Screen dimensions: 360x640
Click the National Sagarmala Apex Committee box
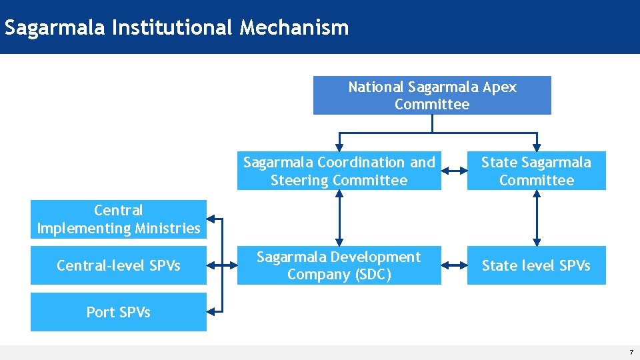pos(432,95)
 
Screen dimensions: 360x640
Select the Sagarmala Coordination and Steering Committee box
pos(339,171)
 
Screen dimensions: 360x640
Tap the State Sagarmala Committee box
pos(536,171)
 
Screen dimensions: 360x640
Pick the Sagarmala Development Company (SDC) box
pos(339,265)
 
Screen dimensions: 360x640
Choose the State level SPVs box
pos(536,265)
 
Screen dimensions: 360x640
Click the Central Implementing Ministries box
pos(119,219)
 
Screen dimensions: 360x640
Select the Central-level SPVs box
pos(119,265)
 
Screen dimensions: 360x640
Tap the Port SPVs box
pos(119,312)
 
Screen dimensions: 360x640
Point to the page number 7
pos(631,351)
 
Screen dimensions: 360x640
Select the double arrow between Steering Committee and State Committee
pos(454,171)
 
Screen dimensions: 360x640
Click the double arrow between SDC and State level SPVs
pos(454,265)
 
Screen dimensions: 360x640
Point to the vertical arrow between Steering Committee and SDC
pos(339,218)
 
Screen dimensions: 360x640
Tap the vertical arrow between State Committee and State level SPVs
pos(537,218)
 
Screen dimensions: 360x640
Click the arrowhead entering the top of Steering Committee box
pos(339,147)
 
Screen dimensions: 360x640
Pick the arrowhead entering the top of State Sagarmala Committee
pos(537,147)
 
